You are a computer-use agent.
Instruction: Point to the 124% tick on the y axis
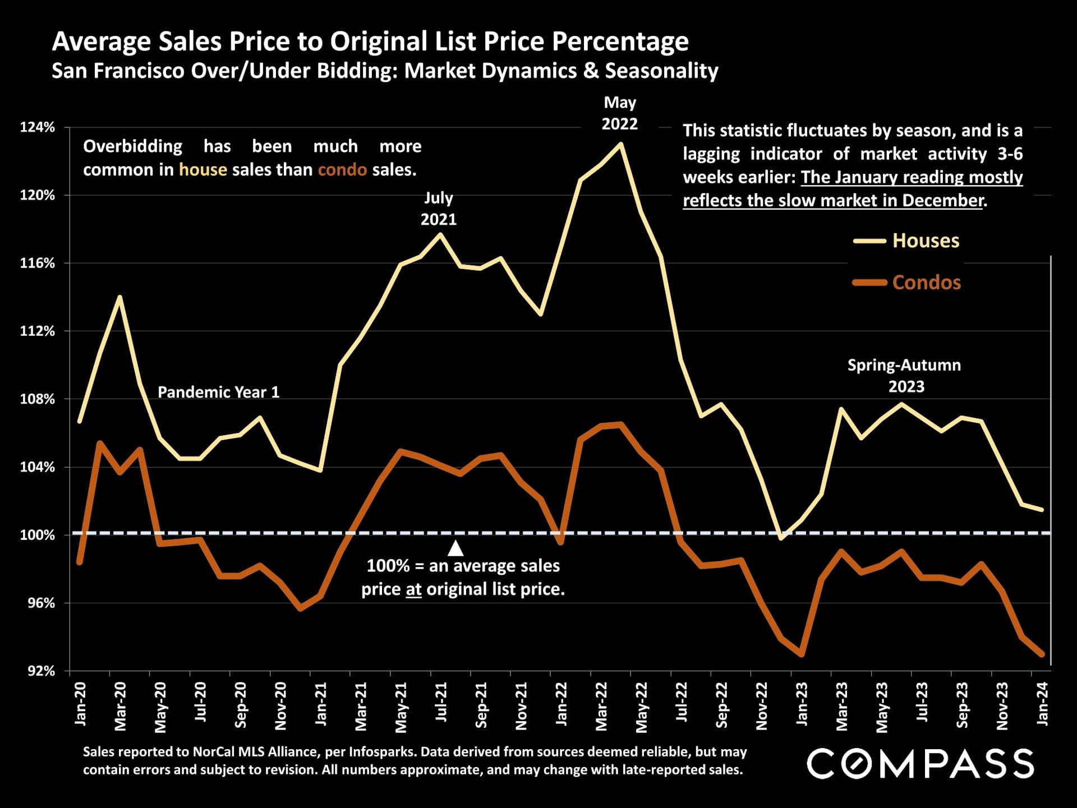(38, 127)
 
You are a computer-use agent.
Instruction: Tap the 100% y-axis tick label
(38, 535)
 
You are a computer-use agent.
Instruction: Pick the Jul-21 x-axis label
(441, 702)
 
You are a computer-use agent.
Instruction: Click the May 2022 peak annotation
(620, 113)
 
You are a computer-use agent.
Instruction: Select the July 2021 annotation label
(439, 208)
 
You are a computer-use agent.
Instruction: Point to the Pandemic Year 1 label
(218, 392)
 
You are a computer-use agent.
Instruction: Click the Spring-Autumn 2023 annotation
(904, 376)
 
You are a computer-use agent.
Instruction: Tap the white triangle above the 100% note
(455, 548)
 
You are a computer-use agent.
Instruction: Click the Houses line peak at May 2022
(620, 144)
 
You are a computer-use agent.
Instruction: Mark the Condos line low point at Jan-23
(802, 654)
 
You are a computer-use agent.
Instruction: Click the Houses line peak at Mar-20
(119, 297)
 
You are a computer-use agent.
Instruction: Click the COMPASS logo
(920, 764)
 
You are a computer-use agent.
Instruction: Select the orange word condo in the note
(342, 170)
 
